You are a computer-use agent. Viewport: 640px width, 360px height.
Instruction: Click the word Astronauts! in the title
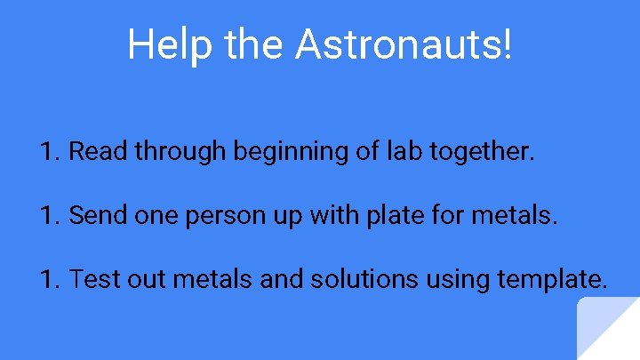click(404, 44)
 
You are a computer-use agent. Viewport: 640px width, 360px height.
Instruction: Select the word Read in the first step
click(99, 152)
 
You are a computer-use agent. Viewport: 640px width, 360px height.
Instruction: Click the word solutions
click(364, 280)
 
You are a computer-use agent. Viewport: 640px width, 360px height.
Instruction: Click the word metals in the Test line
click(213, 280)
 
